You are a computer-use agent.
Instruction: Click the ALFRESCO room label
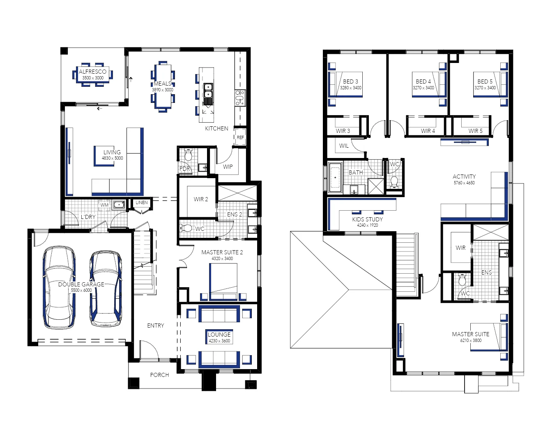coord(92,72)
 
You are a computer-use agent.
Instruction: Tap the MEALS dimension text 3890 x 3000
coord(163,90)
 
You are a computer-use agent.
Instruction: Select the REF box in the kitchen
coord(240,137)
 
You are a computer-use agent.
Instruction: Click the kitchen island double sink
coord(208,91)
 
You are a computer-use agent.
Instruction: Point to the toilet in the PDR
coord(189,155)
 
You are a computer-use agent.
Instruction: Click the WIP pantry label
coord(228,167)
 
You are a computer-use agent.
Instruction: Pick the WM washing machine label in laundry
coord(104,205)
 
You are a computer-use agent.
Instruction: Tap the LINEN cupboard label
coord(142,202)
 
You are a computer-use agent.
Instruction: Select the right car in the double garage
coord(106,288)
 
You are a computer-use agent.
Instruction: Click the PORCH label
coord(159,375)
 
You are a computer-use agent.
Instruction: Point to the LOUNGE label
coord(219,335)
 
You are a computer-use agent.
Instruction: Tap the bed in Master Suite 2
coord(223,282)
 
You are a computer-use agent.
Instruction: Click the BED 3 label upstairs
coord(350,81)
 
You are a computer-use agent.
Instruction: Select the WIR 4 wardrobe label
coord(428,131)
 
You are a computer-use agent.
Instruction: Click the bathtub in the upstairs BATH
coord(336,178)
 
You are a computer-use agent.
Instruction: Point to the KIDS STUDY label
coord(367,219)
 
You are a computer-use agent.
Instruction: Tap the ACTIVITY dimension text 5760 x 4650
coord(464,183)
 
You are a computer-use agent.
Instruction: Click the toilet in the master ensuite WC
coord(462,281)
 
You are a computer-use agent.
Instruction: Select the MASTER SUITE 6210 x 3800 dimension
coord(471,340)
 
